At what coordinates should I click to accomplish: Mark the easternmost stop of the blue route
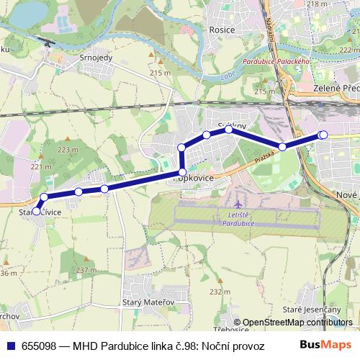point(323,135)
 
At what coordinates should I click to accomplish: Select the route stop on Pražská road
point(283,147)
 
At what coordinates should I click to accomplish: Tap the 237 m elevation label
point(86,270)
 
